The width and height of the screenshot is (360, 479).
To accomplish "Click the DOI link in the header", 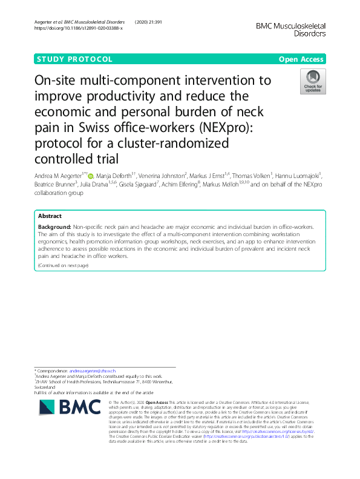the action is (x=79, y=28).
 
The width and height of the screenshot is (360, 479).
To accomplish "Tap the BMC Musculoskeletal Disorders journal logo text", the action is (x=290, y=30).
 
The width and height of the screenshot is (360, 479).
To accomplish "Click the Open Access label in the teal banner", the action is (x=301, y=59).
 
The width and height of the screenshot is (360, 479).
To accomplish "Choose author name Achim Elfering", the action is (x=184, y=185).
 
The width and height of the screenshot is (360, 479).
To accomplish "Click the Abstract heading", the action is (x=50, y=216).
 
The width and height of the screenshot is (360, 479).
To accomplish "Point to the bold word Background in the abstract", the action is (x=53, y=226).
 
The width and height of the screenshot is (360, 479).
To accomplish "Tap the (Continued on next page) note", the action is (x=63, y=266).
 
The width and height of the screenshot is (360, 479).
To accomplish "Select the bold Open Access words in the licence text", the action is (x=157, y=403).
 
